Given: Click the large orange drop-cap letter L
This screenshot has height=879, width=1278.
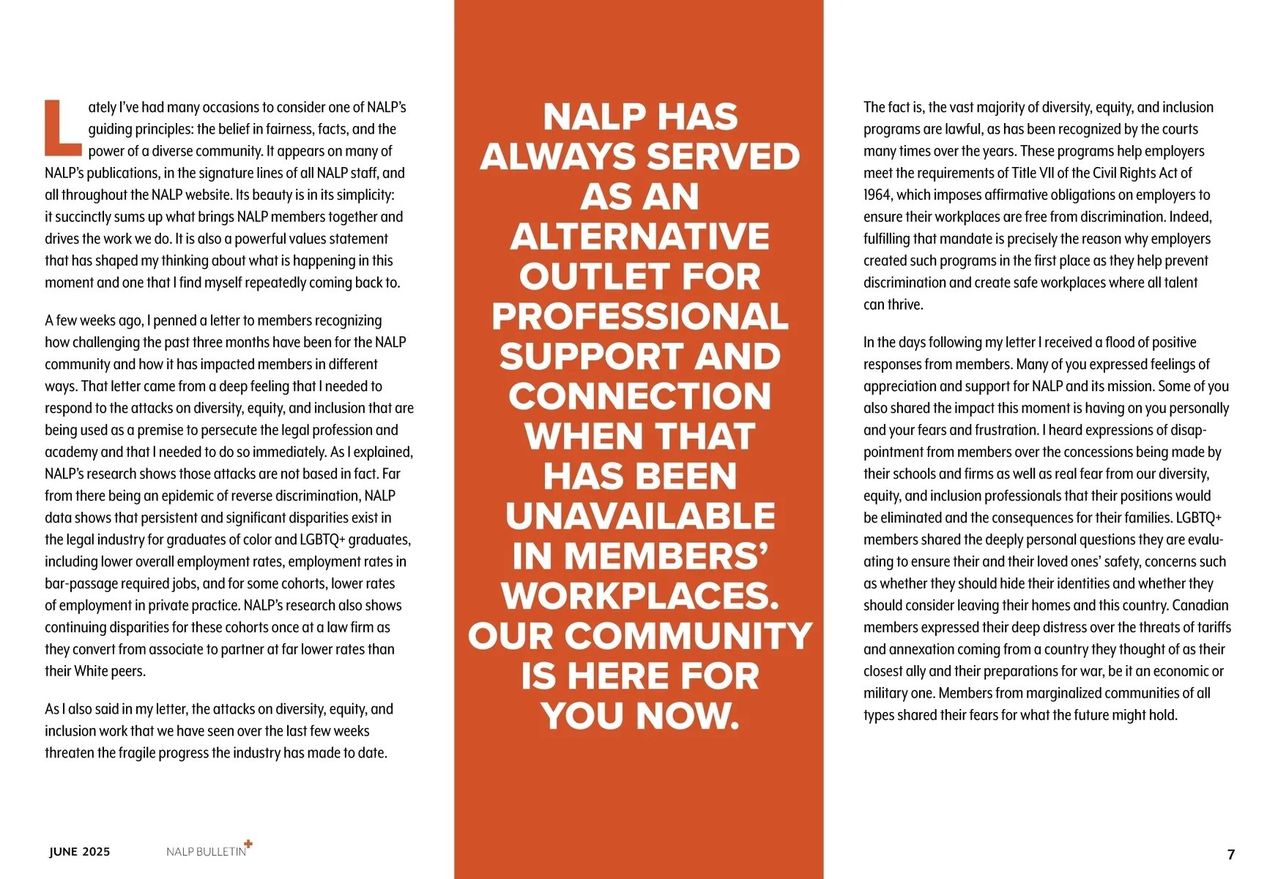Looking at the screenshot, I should pyautogui.click(x=63, y=128).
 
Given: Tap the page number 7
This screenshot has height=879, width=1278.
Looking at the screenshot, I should pyautogui.click(x=1231, y=854).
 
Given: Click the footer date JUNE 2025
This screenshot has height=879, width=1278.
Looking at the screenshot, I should pyautogui.click(x=80, y=851).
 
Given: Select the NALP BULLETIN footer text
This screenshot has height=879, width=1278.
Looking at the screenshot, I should pyautogui.click(x=206, y=852).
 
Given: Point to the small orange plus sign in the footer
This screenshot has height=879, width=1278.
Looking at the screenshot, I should pyautogui.click(x=248, y=844).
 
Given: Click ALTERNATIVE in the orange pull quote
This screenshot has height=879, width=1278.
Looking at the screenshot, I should pyautogui.click(x=639, y=237).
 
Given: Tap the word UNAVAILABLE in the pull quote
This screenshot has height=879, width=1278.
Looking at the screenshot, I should pyautogui.click(x=639, y=516).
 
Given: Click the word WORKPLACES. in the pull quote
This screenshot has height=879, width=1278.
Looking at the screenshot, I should pyautogui.click(x=639, y=596).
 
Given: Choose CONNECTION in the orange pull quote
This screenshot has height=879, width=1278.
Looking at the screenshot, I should pyautogui.click(x=639, y=396).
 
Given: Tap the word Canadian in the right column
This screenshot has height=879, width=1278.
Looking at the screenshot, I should pyautogui.click(x=1200, y=606).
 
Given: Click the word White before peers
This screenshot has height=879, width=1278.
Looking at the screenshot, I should pyautogui.click(x=92, y=671).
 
